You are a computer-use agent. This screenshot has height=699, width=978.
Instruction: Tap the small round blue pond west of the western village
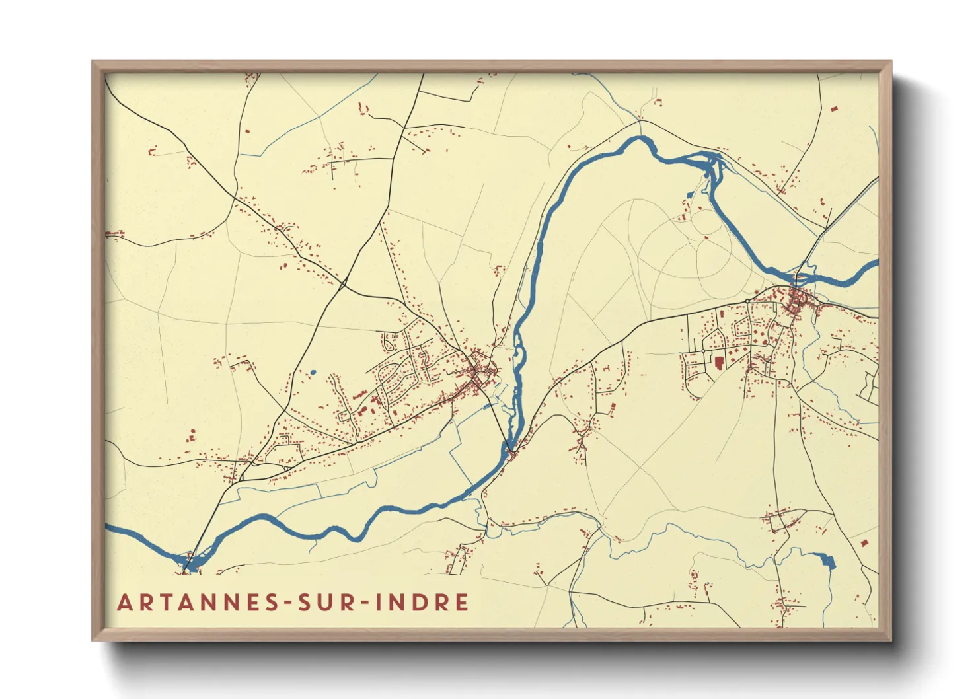313,373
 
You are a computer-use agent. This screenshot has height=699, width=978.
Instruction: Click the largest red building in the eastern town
719,362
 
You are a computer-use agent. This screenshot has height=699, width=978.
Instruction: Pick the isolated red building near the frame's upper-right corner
833,108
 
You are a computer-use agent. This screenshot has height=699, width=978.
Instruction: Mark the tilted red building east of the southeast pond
864,543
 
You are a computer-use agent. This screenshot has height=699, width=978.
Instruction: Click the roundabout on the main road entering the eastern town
747,301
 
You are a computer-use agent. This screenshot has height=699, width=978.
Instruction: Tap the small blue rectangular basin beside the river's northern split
691,194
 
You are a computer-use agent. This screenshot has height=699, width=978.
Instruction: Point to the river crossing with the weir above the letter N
190,562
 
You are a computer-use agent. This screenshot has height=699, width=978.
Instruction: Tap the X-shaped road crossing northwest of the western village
343,285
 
